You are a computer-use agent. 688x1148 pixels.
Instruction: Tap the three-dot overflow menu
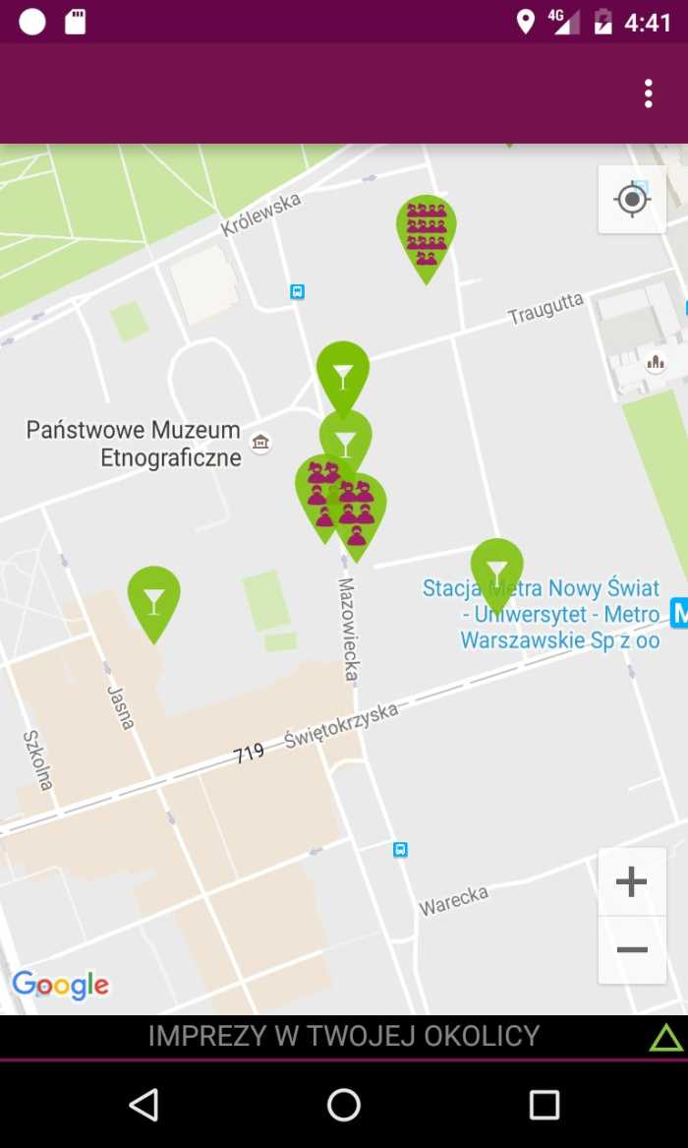(648, 93)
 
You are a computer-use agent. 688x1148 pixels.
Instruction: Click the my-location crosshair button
(632, 200)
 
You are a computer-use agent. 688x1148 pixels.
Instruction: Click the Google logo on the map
(61, 985)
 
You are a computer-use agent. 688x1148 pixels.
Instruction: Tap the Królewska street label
(260, 214)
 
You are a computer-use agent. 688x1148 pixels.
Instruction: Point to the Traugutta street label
(545, 308)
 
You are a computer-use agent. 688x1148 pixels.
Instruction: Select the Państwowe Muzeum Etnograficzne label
(134, 444)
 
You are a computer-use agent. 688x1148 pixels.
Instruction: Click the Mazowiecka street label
(348, 630)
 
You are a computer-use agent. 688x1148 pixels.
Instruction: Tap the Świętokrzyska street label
(341, 725)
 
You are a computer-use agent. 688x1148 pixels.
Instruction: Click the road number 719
(249, 754)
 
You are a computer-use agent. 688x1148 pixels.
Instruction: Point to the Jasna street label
(120, 707)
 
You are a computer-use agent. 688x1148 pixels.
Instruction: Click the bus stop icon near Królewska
(297, 291)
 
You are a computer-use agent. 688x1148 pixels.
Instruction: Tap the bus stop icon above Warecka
(400, 849)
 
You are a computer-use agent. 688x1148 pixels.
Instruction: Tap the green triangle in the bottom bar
(665, 1037)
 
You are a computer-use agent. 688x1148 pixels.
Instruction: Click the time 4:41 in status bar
(648, 22)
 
